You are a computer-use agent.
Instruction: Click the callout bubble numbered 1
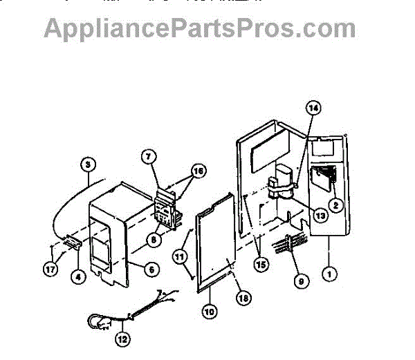pos(331,273)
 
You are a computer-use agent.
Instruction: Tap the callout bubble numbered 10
pos(209,311)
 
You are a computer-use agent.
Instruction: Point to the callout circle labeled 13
pos(320,214)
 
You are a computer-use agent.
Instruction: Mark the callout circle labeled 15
pos(261,262)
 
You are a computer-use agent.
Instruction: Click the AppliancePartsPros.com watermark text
pos(200,28)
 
